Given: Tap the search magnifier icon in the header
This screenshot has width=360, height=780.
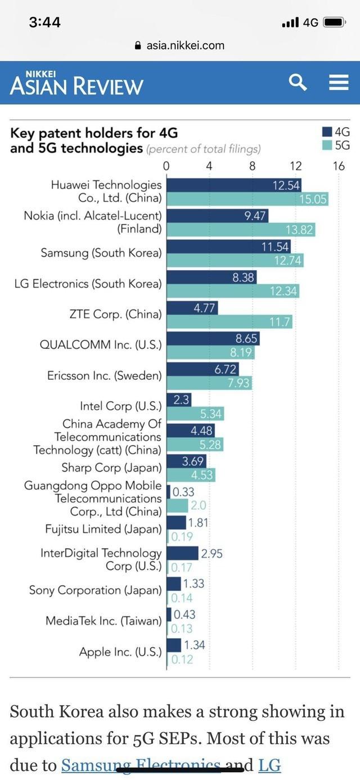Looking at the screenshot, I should coord(298,82).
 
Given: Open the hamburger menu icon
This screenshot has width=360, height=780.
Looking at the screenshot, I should coord(339,83).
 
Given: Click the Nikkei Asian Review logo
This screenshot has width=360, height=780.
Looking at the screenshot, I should coord(76,83).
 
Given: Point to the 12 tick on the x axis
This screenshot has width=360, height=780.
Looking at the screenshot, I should coord(295,166).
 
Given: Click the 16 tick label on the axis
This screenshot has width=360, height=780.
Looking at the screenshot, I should coord(338,166).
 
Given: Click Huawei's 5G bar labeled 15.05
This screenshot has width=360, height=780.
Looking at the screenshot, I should coord(247,199).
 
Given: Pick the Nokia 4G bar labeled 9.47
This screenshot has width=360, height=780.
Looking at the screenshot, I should coord(218,216).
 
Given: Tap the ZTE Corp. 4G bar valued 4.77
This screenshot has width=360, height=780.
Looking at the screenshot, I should coord(192,308).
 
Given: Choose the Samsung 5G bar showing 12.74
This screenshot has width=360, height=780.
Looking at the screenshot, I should coord(235,261).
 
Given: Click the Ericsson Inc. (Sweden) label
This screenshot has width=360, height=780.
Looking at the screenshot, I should coord(104,376).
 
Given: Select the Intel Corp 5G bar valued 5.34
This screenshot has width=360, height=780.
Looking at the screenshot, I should coord(195,414).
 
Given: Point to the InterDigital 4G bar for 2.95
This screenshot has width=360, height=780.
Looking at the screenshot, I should coord(183,553).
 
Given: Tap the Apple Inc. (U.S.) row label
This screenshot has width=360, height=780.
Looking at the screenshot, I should coord(120,652).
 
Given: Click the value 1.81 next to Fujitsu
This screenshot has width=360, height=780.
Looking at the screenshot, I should coord(197,523).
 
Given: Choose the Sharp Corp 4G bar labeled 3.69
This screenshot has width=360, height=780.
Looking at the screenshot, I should coord(187,461).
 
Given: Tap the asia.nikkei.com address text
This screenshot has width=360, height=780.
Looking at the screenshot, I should coord(185,46).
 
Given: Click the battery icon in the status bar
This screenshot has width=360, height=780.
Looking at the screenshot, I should coord(334,23).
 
